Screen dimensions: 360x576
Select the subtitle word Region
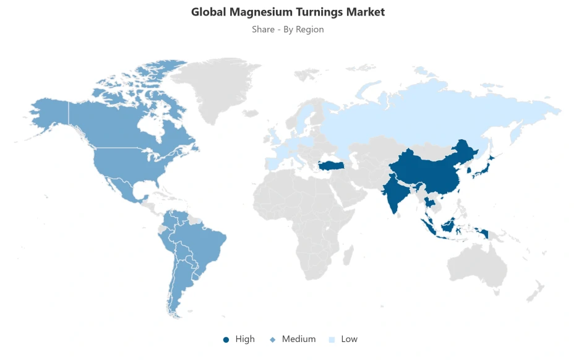(309, 29)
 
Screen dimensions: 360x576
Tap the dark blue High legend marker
(226, 340)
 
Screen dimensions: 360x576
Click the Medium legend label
(298, 339)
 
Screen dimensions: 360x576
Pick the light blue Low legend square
(332, 340)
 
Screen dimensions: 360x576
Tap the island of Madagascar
(348, 254)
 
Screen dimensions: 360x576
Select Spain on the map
(274, 163)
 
